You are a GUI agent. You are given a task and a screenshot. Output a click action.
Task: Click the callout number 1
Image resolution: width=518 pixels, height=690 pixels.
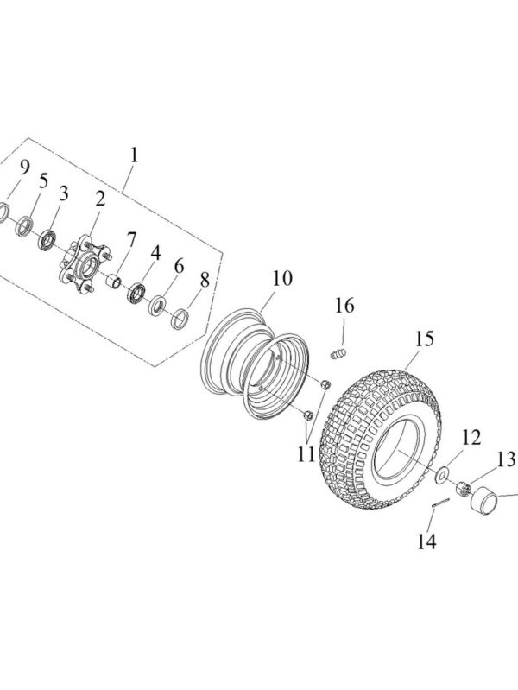tap(134, 155)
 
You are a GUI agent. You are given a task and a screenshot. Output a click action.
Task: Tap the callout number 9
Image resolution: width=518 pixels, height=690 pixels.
tap(24, 166)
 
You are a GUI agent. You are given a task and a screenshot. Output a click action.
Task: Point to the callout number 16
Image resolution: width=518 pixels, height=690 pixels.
tap(344, 306)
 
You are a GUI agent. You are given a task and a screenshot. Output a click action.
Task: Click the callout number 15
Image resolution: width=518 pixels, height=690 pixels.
tap(422, 339)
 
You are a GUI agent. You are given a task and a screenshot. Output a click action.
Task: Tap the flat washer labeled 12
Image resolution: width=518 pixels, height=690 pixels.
tap(440, 475)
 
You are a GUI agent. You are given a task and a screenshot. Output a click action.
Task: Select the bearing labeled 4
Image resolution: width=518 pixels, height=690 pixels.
tap(136, 292)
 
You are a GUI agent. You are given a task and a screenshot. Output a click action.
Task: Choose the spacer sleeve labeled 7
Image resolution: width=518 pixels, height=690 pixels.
tap(112, 280)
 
